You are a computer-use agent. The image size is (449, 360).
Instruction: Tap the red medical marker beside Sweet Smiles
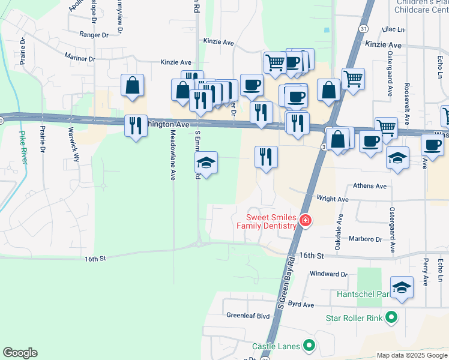point(306,221)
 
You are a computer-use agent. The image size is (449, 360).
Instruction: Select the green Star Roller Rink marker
point(391,317)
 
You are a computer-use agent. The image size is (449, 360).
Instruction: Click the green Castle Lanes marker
point(309,346)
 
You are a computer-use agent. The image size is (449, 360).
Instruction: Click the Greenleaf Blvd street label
point(248,315)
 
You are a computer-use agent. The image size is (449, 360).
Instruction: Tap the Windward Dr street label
point(329,274)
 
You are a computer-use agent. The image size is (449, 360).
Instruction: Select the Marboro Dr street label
point(366,239)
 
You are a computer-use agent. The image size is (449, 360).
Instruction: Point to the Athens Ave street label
point(370,186)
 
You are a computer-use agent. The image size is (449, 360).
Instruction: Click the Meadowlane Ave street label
point(173,155)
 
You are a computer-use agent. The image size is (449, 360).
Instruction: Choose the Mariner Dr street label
point(80,58)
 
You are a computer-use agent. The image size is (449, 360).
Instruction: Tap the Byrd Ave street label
point(301,305)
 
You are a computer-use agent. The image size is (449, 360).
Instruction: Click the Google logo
point(20,353)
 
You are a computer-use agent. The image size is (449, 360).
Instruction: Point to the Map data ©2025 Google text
point(411,355)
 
